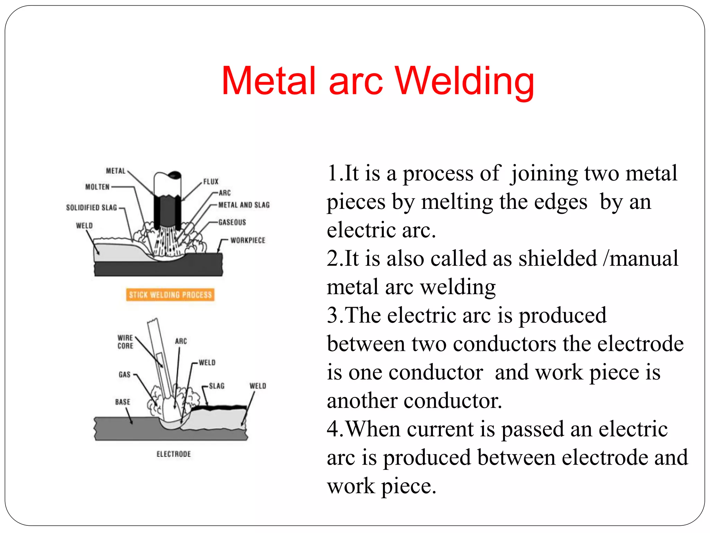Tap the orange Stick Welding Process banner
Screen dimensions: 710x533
[x=170, y=295]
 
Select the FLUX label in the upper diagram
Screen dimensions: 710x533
[x=211, y=181]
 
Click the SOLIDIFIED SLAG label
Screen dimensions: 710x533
[x=92, y=208]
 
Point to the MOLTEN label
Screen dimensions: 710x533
[x=97, y=187]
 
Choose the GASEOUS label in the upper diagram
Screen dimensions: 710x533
[x=232, y=222]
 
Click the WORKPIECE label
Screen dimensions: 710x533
[x=248, y=240]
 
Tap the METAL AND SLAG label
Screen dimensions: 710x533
[x=244, y=205]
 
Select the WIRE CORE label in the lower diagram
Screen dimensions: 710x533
[x=125, y=342]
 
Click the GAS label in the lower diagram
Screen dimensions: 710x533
[x=124, y=374]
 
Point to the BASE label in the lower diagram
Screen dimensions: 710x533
[x=123, y=402]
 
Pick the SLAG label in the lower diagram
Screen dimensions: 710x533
[x=217, y=386]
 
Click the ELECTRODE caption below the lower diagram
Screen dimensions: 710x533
[x=174, y=454]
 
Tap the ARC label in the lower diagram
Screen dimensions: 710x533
[x=181, y=341]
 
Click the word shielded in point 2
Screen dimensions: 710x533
[x=557, y=259]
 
